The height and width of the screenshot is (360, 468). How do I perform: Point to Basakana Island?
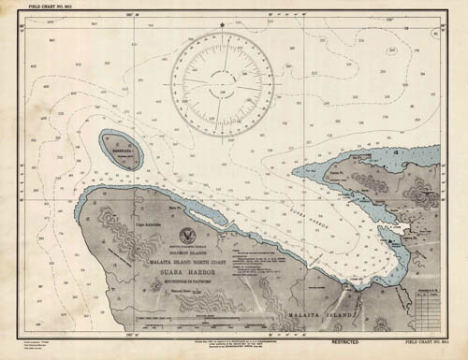[122, 150]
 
